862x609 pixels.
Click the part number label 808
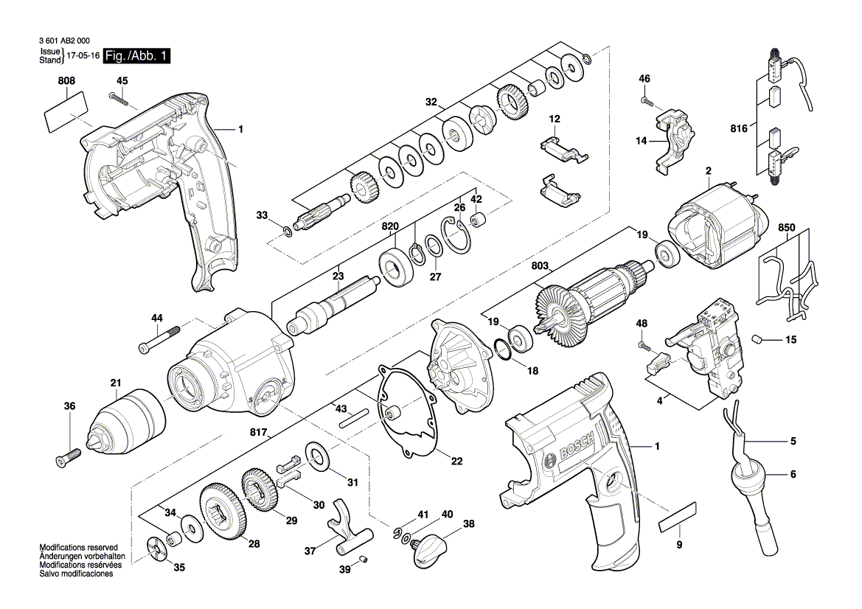point(66,80)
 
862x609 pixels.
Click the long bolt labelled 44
point(159,340)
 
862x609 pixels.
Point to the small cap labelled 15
point(757,339)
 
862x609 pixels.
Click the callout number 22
point(456,462)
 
